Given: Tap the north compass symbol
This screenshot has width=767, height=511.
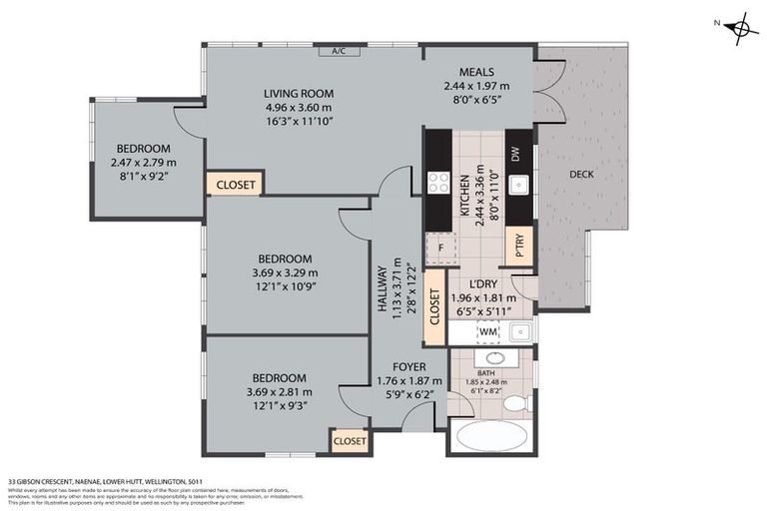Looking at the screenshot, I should (740, 28).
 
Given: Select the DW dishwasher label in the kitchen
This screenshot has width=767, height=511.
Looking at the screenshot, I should (515, 155).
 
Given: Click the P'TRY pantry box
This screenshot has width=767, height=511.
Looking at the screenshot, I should (516, 247).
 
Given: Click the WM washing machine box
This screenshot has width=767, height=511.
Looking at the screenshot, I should (486, 330).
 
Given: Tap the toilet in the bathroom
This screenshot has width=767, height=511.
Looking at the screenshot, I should (515, 404).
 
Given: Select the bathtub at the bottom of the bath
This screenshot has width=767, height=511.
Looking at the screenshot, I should (489, 436).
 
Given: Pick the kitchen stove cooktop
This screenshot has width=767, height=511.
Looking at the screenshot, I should (438, 182).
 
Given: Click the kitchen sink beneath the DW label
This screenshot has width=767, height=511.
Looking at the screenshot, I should (516, 185).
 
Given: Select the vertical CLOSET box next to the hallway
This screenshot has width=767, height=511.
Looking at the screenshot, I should (434, 308).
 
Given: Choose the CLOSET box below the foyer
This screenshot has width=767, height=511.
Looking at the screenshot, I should (350, 440).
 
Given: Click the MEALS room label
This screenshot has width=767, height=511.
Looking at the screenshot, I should (475, 72).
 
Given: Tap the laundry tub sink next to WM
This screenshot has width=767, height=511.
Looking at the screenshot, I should (517, 331).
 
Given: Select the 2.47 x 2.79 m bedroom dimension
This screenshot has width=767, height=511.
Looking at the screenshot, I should (143, 163).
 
